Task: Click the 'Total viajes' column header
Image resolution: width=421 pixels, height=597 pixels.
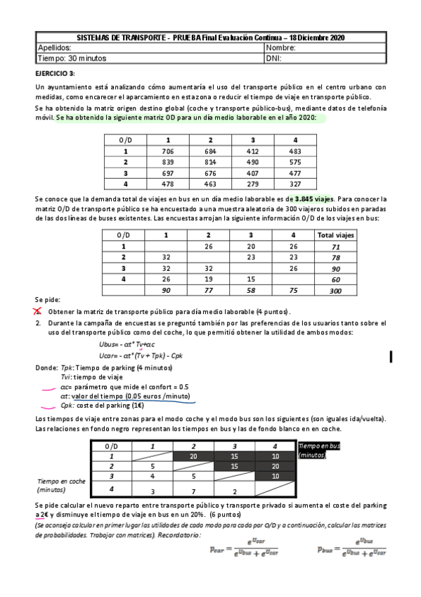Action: (x=335, y=235)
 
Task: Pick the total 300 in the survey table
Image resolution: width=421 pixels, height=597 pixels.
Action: (x=335, y=290)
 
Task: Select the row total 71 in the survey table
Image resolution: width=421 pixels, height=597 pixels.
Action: (x=335, y=247)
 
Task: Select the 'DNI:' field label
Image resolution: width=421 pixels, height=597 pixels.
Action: (x=274, y=58)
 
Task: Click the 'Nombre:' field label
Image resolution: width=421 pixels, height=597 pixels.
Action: (x=281, y=48)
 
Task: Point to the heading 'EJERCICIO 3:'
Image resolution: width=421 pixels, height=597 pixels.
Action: (x=56, y=73)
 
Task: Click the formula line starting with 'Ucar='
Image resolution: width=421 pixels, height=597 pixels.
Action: (x=142, y=356)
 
